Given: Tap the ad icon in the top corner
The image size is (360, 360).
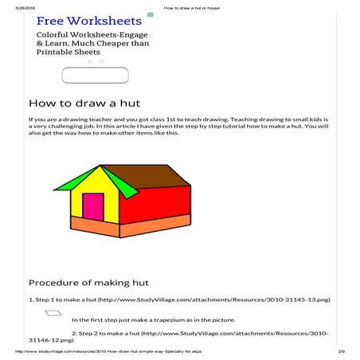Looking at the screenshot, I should [150, 14].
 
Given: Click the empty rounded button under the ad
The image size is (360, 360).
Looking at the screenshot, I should [95, 75].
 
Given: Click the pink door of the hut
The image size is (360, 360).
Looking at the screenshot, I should [92, 206].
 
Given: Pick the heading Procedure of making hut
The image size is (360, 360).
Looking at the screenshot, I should [89, 282].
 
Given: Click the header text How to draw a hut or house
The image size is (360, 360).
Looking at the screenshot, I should [191, 7].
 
